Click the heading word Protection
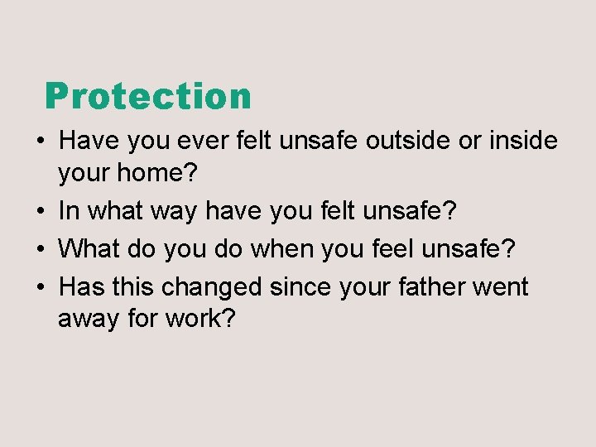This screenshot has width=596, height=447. [148, 96]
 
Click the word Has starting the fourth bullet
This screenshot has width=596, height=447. [80, 286]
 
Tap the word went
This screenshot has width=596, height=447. [501, 286]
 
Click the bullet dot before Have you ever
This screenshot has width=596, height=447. [40, 142]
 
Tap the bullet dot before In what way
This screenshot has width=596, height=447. [40, 211]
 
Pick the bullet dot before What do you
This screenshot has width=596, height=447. [40, 248]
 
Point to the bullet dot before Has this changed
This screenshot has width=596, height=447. [40, 287]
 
